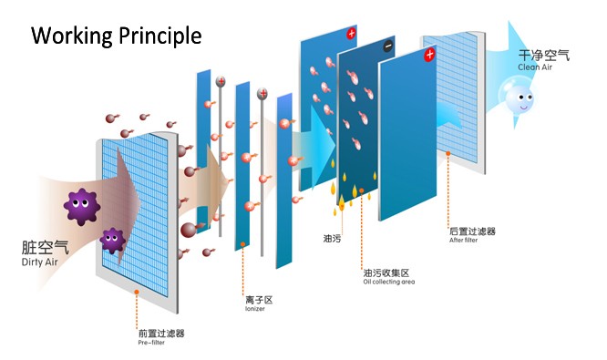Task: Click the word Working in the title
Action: tap(72, 36)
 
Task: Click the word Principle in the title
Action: tap(159, 36)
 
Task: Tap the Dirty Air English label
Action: tap(39, 262)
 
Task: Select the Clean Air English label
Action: tap(535, 67)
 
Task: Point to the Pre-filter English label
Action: tap(151, 343)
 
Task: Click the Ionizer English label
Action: tap(254, 309)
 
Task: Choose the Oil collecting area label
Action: tap(388, 282)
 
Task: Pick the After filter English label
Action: tap(463, 240)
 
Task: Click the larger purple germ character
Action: tap(82, 206)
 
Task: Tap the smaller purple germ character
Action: tap(113, 241)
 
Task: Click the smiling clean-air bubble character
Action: tap(519, 98)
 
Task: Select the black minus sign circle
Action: tap(388, 46)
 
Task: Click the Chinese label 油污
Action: tap(332, 239)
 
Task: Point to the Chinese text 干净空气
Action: tap(544, 56)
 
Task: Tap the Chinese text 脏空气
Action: tap(46, 248)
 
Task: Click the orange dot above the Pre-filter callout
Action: tap(137, 292)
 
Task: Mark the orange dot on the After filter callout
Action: tap(448, 154)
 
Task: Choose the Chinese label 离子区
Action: tap(259, 300)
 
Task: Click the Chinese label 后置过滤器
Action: tap(473, 231)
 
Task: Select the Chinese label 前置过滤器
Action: tap(161, 334)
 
